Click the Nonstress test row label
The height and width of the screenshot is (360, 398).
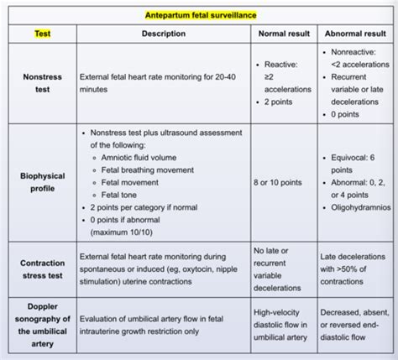(41, 85)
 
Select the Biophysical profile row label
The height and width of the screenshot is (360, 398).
(41, 182)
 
